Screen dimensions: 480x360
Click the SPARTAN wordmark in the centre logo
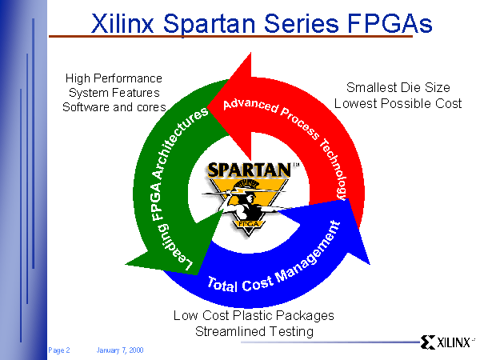pyautogui.click(x=249, y=170)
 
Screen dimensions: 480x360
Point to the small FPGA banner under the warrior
pyautogui.click(x=249, y=224)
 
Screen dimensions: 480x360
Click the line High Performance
pyautogui.click(x=114, y=78)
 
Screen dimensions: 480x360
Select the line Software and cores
pyautogui.click(x=114, y=107)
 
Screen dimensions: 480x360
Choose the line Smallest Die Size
pyautogui.click(x=398, y=88)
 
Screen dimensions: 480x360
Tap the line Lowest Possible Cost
pyautogui.click(x=398, y=104)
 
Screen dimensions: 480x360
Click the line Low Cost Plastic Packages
pyautogui.click(x=254, y=316)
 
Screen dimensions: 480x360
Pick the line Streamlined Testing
pyautogui.click(x=254, y=332)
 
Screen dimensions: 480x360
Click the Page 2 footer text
pyautogui.click(x=59, y=350)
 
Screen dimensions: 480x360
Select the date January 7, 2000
pyautogui.click(x=120, y=350)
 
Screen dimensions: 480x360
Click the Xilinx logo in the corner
pyautogui.click(x=447, y=342)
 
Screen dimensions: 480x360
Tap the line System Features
pyautogui.click(x=114, y=93)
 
